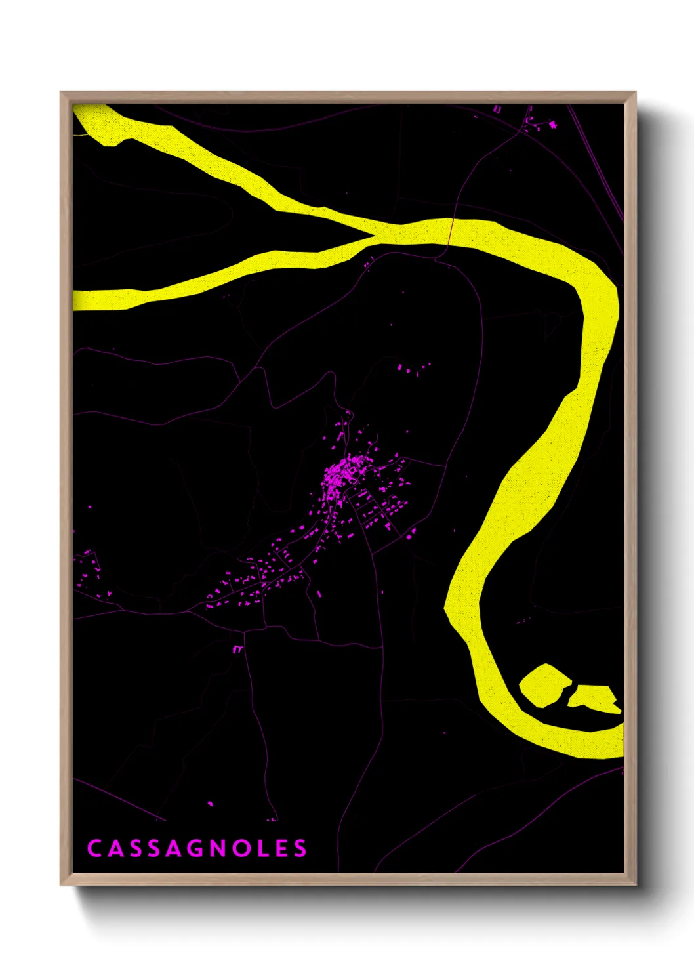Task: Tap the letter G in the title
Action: click(x=174, y=848)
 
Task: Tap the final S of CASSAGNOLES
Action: click(x=300, y=848)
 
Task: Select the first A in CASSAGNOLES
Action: click(x=114, y=848)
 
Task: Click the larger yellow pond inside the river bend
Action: click(x=544, y=685)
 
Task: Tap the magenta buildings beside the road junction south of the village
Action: click(x=237, y=650)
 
